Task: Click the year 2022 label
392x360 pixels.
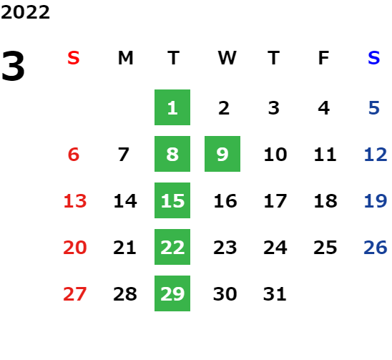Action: [25, 12]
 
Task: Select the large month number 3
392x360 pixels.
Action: [13, 66]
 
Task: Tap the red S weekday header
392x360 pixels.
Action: [74, 58]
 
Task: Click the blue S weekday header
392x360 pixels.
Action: [374, 58]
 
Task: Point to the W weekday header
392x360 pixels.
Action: [227, 58]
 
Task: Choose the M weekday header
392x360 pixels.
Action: [125, 58]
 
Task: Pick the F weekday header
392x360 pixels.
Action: [324, 58]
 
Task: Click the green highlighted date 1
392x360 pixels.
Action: [172, 107]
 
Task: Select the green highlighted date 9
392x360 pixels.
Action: [222, 154]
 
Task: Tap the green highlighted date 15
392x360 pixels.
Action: [172, 200]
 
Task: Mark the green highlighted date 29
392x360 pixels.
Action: [172, 293]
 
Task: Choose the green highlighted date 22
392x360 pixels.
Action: [172, 247]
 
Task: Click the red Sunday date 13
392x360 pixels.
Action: [75, 201]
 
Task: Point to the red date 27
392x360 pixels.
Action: [75, 294]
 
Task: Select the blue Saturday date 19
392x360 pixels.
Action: [376, 201]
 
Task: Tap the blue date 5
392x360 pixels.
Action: [374, 108]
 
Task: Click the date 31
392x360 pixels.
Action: [275, 294]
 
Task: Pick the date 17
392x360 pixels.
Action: [275, 201]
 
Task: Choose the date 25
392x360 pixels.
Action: [325, 248]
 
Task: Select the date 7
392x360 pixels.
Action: [124, 155]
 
